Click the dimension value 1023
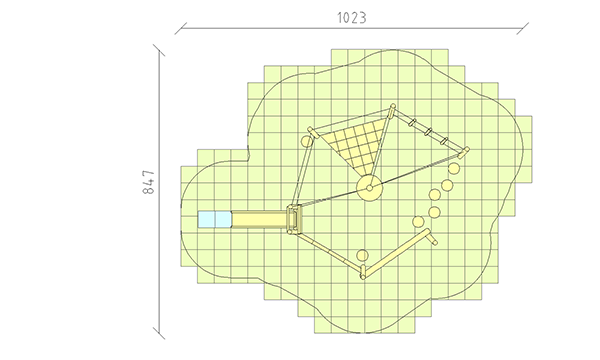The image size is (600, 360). [x=352, y=18]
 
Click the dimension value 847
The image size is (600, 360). [x=149, y=182]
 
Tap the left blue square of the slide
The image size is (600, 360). [x=206, y=219]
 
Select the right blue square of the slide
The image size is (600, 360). [x=223, y=219]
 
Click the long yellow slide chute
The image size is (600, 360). [x=259, y=220]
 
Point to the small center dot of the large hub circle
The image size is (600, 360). [x=369, y=188]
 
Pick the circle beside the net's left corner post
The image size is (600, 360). [x=307, y=141]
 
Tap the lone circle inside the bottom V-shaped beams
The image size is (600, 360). [x=362, y=255]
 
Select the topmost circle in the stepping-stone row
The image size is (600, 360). [x=454, y=168]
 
